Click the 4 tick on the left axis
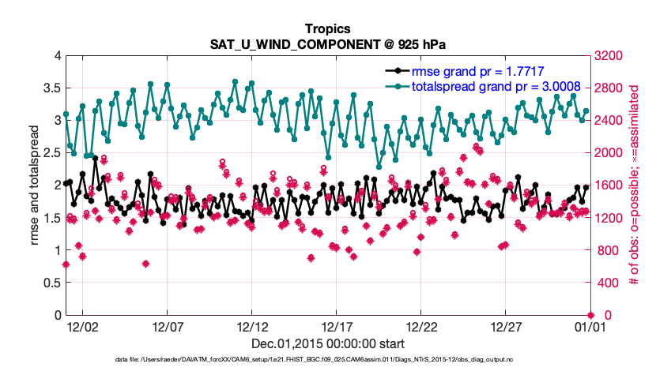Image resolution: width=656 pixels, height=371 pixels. [x=57, y=55]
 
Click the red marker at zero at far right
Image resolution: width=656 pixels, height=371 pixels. [x=590, y=315]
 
